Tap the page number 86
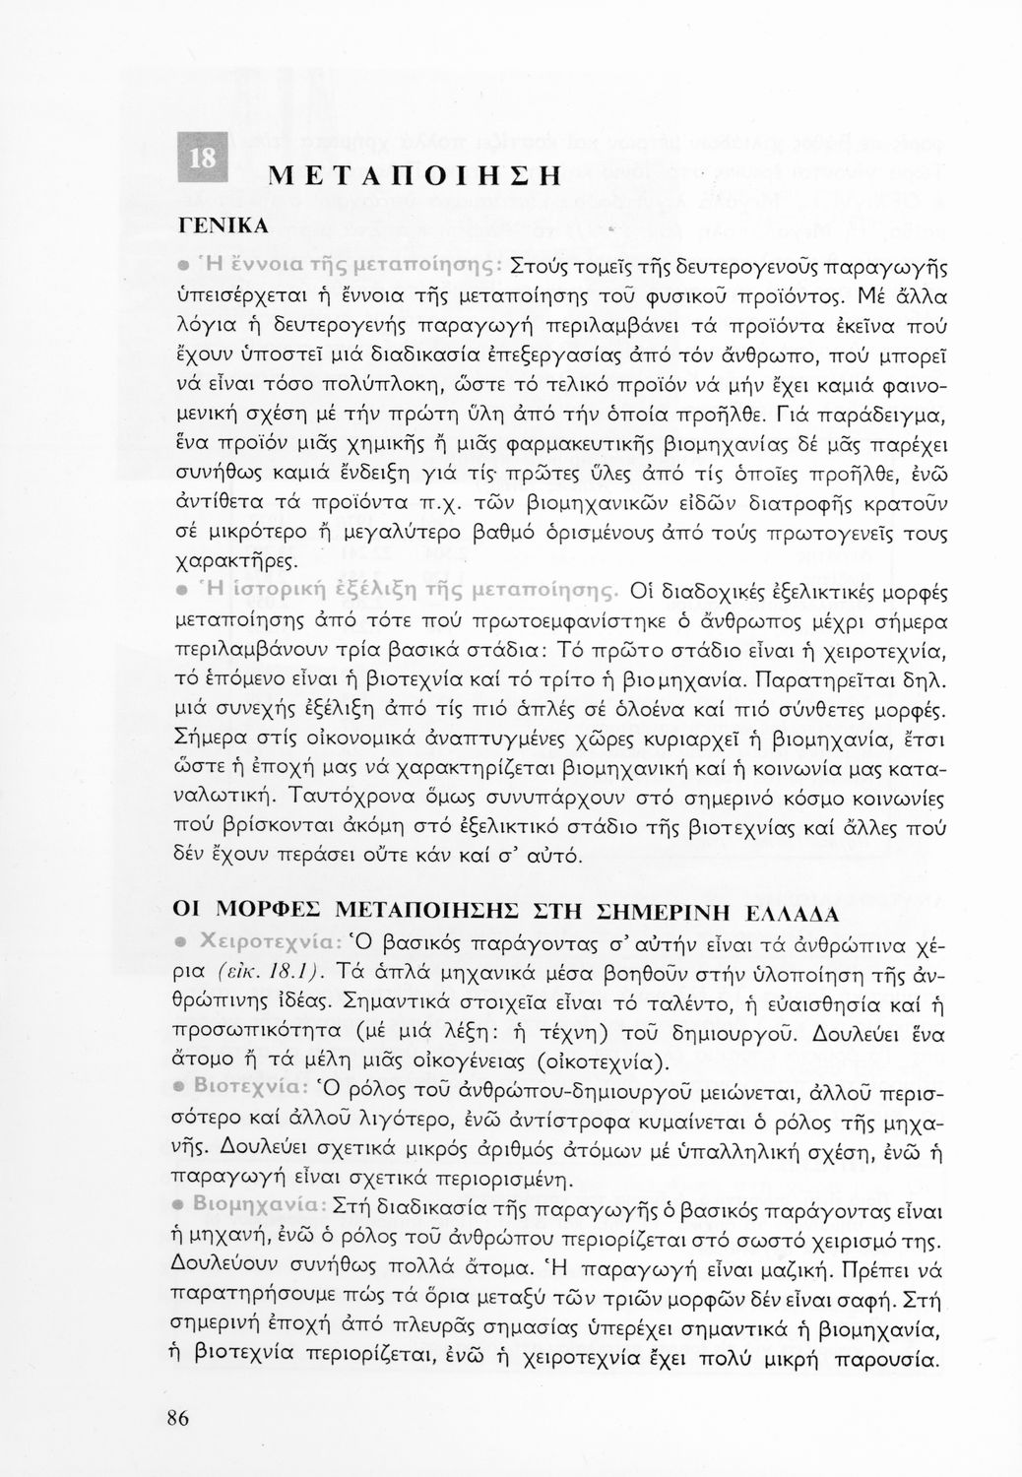[x=178, y=1418]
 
